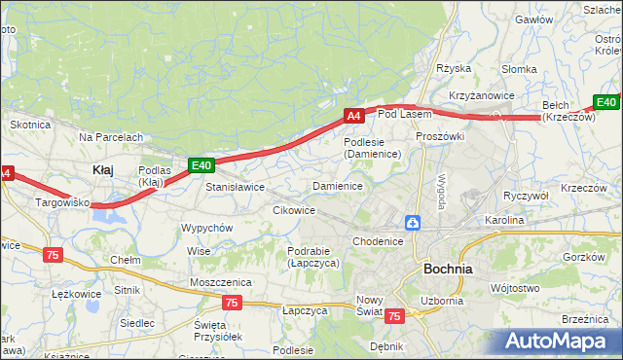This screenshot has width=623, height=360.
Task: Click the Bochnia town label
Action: pyautogui.click(x=448, y=268)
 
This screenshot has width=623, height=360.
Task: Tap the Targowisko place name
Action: pyautogui.click(x=62, y=203)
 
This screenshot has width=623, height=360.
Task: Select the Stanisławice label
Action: pyautogui.click(x=235, y=187)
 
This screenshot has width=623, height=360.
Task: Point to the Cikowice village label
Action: pyautogui.click(x=294, y=210)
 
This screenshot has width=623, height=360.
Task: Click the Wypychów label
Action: pyautogui.click(x=206, y=228)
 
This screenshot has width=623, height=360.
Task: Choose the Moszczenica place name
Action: pyautogui.click(x=221, y=282)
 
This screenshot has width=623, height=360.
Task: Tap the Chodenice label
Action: pyautogui.click(x=378, y=241)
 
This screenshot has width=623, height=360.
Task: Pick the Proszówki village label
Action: pyautogui.click(x=440, y=136)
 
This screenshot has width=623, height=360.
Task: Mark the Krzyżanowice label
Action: pyautogui.click(x=481, y=95)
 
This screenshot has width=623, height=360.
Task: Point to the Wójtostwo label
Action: pyautogui.click(x=515, y=288)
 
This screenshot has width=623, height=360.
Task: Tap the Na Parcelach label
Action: pyautogui.click(x=111, y=137)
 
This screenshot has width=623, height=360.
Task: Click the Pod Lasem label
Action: pyautogui.click(x=404, y=115)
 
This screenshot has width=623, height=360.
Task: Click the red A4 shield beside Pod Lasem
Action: pyautogui.click(x=354, y=116)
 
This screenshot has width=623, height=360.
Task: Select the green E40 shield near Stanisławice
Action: pyautogui.click(x=201, y=166)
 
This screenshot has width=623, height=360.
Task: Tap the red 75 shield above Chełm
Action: pyautogui.click(x=53, y=255)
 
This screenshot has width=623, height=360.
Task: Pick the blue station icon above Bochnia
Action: pyautogui.click(x=414, y=224)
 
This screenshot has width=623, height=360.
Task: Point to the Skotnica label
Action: pyautogui.click(x=29, y=125)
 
